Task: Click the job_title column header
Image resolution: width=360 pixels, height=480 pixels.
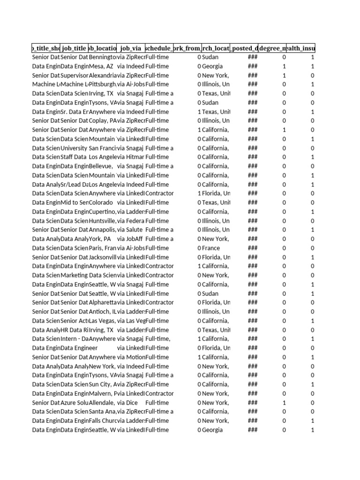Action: click(x=74, y=48)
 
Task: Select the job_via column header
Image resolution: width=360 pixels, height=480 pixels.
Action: click(x=131, y=48)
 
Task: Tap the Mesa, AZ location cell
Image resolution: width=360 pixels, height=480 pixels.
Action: click(x=101, y=66)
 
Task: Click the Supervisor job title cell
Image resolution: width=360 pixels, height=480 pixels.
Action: click(x=75, y=75)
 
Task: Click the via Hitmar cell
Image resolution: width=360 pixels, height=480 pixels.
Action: click(x=131, y=157)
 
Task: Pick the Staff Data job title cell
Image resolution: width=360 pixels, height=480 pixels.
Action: click(x=74, y=157)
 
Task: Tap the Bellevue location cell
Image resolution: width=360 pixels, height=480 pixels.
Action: click(x=100, y=166)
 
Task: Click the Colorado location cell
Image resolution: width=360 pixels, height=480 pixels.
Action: click(x=101, y=202)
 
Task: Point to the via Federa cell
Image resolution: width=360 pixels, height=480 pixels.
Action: click(x=131, y=221)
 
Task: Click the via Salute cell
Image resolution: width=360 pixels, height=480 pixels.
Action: click(x=131, y=230)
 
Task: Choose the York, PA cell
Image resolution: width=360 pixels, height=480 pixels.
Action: click(x=100, y=239)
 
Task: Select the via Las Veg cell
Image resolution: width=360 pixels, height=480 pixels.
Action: click(x=131, y=321)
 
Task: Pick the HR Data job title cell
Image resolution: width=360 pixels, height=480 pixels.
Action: click(x=75, y=330)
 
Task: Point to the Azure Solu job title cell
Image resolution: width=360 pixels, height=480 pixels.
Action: click(x=75, y=403)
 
